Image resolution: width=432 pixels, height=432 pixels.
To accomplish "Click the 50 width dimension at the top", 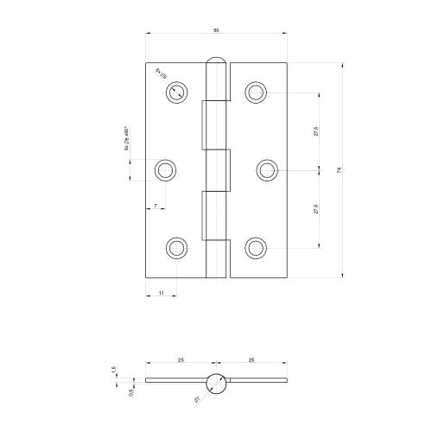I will click(216, 30).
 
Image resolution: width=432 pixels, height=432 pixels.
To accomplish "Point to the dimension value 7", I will click(156, 206).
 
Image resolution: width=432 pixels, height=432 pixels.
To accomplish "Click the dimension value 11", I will click(162, 295).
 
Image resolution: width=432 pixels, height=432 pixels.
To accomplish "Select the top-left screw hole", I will click(177, 92).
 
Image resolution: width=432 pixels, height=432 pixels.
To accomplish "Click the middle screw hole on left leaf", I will click(166, 170).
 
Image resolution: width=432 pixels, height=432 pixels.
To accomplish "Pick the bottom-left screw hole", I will click(177, 248).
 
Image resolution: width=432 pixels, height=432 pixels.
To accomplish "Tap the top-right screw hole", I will click(255, 92).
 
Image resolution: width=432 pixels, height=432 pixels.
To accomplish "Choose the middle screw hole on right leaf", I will click(266, 170).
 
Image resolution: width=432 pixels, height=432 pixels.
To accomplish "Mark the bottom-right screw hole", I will click(255, 248).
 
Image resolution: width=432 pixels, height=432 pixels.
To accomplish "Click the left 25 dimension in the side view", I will click(178, 359).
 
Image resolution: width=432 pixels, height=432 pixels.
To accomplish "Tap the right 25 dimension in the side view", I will click(251, 359).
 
